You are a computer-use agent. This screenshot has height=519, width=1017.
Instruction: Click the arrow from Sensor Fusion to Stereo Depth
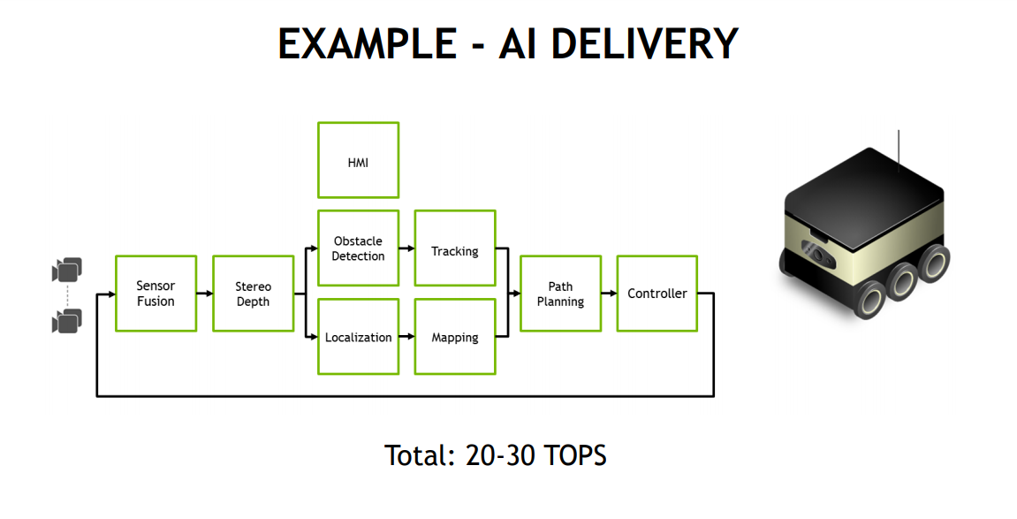coord(205,294)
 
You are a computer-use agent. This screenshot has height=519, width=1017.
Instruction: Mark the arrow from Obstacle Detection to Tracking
coord(406,248)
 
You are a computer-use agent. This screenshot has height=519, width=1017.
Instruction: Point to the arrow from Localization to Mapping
coord(406,337)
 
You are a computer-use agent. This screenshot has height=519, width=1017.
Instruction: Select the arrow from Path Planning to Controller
coord(609,294)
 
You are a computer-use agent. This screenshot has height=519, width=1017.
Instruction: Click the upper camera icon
coord(67,270)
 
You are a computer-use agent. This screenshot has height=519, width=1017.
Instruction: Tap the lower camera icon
coord(67,321)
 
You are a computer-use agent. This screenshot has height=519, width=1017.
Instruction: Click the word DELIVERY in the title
coord(645,43)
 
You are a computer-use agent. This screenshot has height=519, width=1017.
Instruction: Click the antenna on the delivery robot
coord(899,151)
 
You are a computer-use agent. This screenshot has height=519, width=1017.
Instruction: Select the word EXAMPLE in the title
coord(368,43)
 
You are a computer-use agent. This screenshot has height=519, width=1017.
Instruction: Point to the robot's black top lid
coord(864,187)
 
